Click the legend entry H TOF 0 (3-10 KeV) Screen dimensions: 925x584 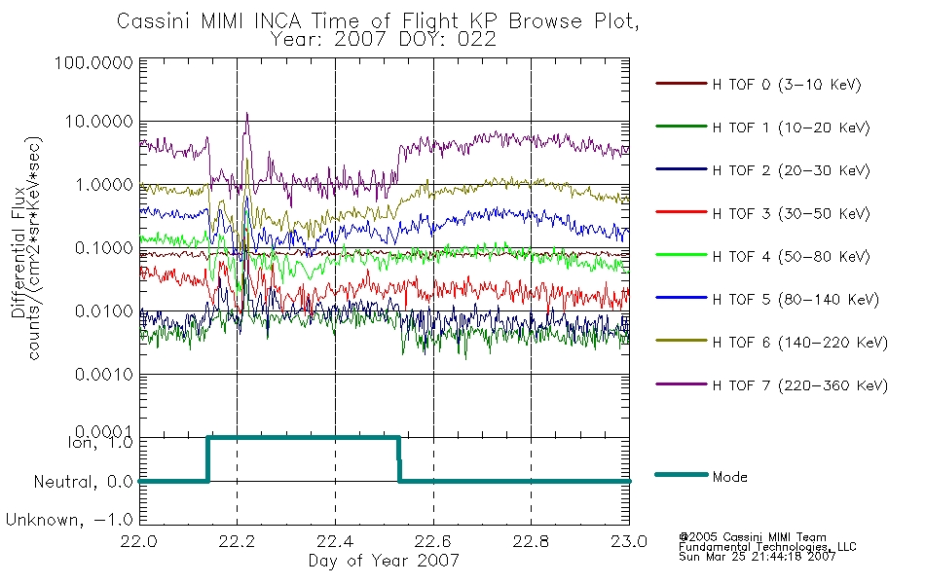[x=758, y=85]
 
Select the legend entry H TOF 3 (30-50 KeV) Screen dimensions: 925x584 [x=762, y=213]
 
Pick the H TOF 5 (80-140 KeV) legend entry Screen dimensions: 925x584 [x=767, y=299]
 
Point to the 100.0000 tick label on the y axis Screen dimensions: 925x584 [x=93, y=62]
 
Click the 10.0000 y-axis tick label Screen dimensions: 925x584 [x=98, y=122]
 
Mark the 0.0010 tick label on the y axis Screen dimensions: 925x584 [x=104, y=375]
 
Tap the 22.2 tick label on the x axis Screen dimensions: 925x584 [x=237, y=541]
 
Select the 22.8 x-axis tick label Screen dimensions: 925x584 [x=531, y=541]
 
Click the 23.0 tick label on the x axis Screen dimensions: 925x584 [x=629, y=541]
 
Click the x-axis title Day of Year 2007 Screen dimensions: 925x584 [x=384, y=561]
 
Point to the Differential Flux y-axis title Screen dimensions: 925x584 [x=18, y=252]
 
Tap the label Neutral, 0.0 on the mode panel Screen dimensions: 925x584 [x=83, y=483]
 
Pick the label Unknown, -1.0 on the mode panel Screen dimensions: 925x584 [x=69, y=521]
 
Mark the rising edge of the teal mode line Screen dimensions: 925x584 [x=207, y=459]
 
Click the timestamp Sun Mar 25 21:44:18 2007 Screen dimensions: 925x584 [x=757, y=557]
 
